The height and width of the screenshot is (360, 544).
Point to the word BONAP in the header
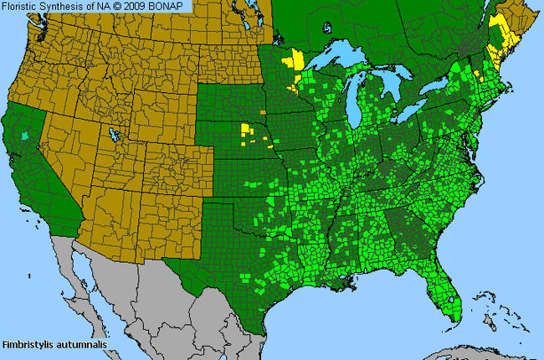coord(172,6)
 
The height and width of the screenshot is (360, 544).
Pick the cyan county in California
coord(24,134)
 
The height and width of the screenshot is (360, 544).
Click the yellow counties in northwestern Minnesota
coord(294,63)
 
